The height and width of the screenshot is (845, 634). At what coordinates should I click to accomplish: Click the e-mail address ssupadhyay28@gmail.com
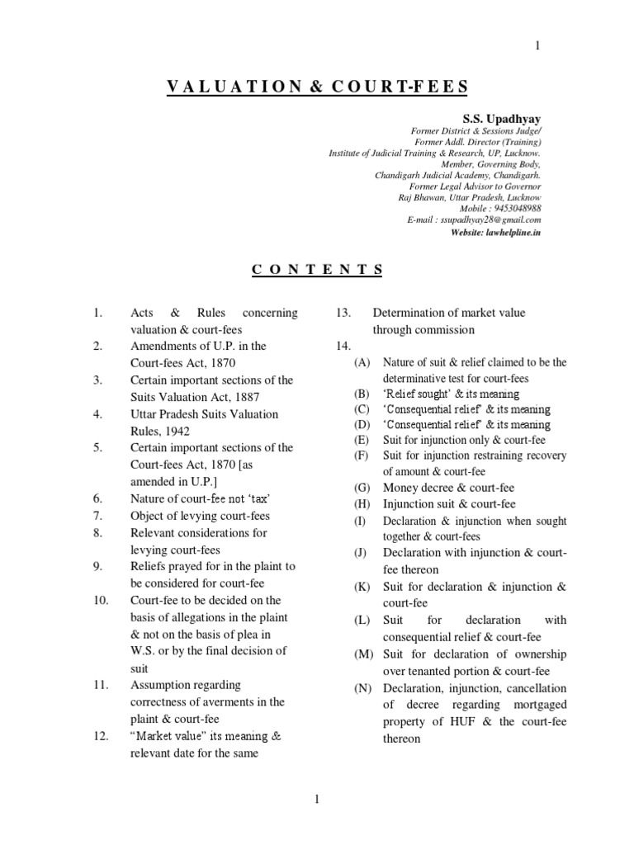[x=491, y=220]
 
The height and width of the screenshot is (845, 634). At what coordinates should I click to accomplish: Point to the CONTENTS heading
[x=316, y=269]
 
